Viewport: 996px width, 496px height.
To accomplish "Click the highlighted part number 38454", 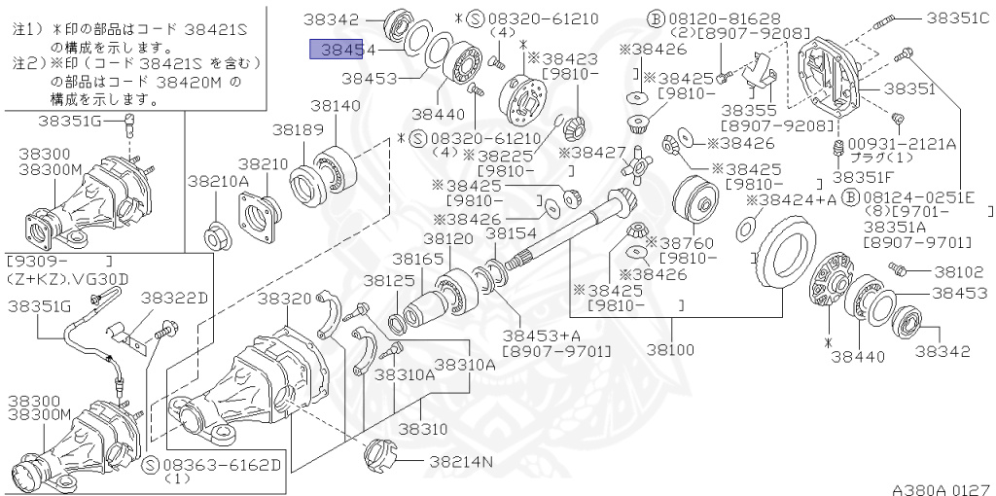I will pos(336,50).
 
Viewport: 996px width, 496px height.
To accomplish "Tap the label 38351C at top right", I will pos(956,18).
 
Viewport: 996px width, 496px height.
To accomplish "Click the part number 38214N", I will pos(461,461).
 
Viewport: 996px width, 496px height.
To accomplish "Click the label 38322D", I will pos(174,297).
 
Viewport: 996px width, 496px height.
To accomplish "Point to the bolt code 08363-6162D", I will pos(221,465).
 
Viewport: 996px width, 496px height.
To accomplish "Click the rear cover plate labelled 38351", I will pos(834,83).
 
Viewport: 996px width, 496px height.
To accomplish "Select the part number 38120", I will pos(448,239).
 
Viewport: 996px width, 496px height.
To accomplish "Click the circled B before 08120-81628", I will pos(656,18).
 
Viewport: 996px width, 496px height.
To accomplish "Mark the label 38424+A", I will pos(791,200).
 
